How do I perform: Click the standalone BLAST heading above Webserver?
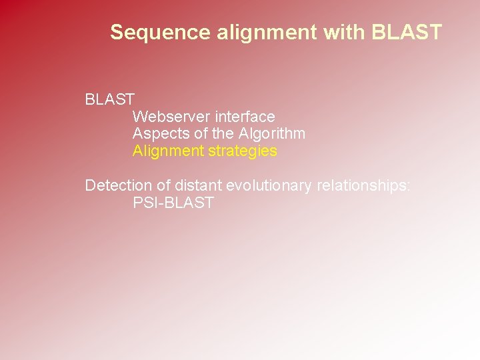[110, 100]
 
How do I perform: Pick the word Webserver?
[171, 117]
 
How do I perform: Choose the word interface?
[245, 117]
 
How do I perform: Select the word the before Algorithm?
[223, 133]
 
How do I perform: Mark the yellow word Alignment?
[168, 151]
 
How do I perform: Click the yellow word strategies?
[243, 151]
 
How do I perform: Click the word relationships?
[361, 185]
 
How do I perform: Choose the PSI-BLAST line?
[173, 203]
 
